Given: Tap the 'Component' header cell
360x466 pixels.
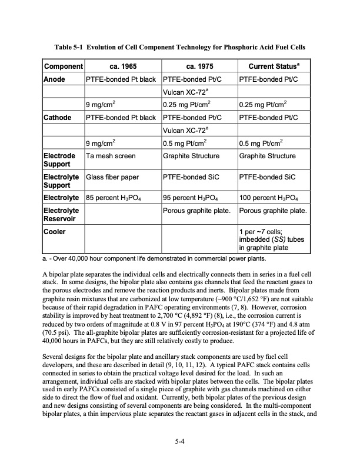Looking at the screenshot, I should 64,66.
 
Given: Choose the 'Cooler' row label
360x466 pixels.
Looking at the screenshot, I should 55,232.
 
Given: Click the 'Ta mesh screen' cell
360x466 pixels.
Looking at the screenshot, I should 111,156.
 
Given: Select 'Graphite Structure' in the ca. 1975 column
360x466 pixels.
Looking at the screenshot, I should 191,156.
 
